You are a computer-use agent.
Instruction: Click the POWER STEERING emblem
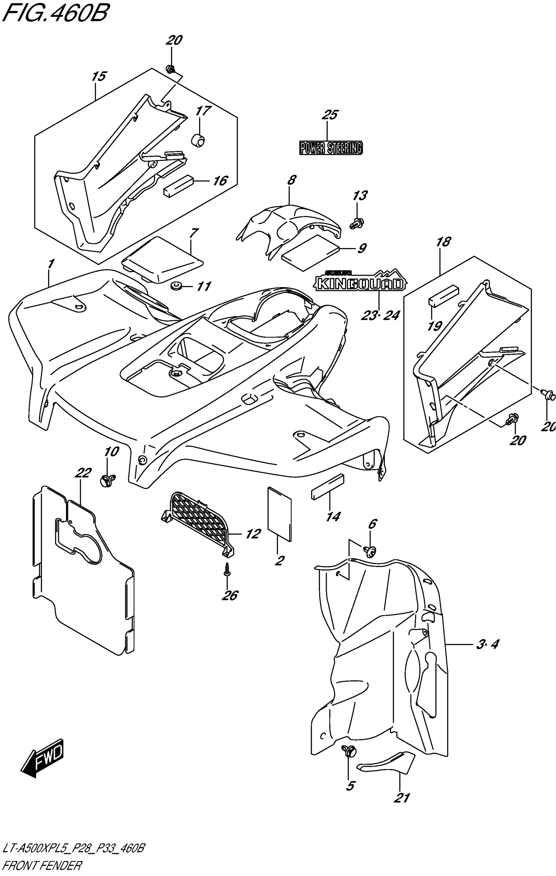[x=331, y=148]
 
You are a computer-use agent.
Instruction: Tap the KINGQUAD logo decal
[x=360, y=283]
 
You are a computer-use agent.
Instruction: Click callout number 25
[x=330, y=115]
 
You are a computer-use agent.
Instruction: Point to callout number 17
[x=203, y=110]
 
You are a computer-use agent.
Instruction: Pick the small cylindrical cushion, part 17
[x=198, y=140]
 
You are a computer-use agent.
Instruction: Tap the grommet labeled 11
[x=177, y=286]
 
